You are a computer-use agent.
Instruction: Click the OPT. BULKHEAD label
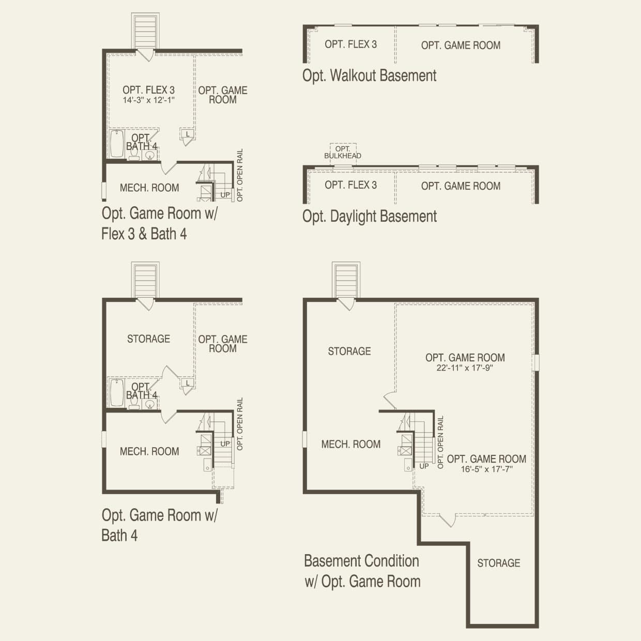(x=342, y=152)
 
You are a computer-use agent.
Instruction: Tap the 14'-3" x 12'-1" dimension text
(x=149, y=100)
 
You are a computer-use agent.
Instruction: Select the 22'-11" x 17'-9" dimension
(x=465, y=368)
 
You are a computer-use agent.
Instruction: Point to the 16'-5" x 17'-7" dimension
(x=486, y=469)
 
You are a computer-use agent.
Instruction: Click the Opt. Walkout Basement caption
(x=369, y=76)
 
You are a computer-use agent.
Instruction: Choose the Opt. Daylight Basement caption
(x=370, y=216)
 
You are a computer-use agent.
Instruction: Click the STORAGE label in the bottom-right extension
(x=498, y=563)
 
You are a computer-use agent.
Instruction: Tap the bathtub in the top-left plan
(x=117, y=144)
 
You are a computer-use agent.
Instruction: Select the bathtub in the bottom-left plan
(x=117, y=393)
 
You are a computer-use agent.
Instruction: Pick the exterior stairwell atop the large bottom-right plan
(x=346, y=281)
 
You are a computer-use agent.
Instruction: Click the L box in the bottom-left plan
(x=188, y=383)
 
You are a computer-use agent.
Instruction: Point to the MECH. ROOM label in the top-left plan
(x=149, y=188)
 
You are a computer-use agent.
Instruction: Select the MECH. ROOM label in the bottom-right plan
(x=350, y=444)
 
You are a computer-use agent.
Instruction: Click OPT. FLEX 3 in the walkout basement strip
(x=350, y=44)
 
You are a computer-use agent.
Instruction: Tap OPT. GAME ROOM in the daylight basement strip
(x=461, y=186)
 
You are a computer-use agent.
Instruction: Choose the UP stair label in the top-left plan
(x=225, y=195)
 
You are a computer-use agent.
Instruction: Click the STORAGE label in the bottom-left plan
(x=148, y=339)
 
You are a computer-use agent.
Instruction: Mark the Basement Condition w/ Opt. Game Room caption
(x=362, y=571)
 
